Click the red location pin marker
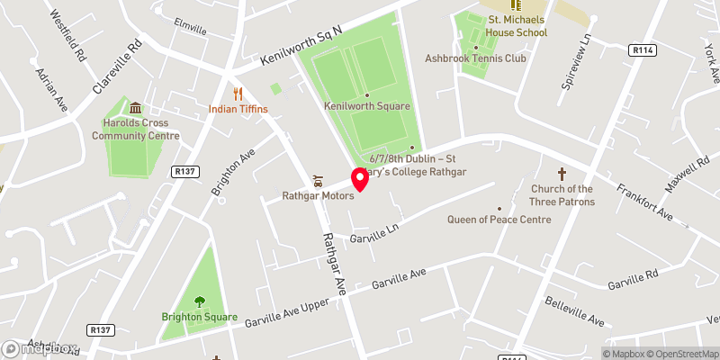pyautogui.click(x=360, y=179)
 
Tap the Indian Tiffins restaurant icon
pyautogui.click(x=238, y=93)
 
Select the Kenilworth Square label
pyautogui.click(x=367, y=106)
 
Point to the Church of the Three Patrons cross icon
pyautogui.click(x=562, y=174)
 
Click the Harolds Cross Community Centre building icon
pyautogui.click(x=135, y=109)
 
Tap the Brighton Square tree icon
pyautogui.click(x=199, y=301)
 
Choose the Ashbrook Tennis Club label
pyautogui.click(x=475, y=58)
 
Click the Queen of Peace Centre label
pyautogui.click(x=499, y=220)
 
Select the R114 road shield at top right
pyautogui.click(x=642, y=51)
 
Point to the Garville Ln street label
pyautogui.click(x=374, y=235)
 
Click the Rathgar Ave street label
pyautogui.click(x=335, y=260)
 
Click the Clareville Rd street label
pyautogui.click(x=118, y=67)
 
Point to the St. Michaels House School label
pyautogui.click(x=516, y=26)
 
